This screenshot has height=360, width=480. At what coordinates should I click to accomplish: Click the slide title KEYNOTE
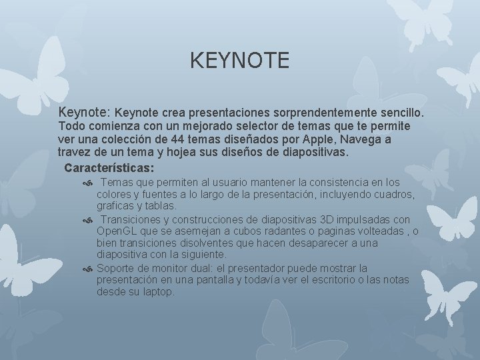tap(239, 61)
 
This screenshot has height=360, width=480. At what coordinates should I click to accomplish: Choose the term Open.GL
tap(117, 231)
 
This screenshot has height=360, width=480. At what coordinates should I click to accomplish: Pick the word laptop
tap(157, 292)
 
